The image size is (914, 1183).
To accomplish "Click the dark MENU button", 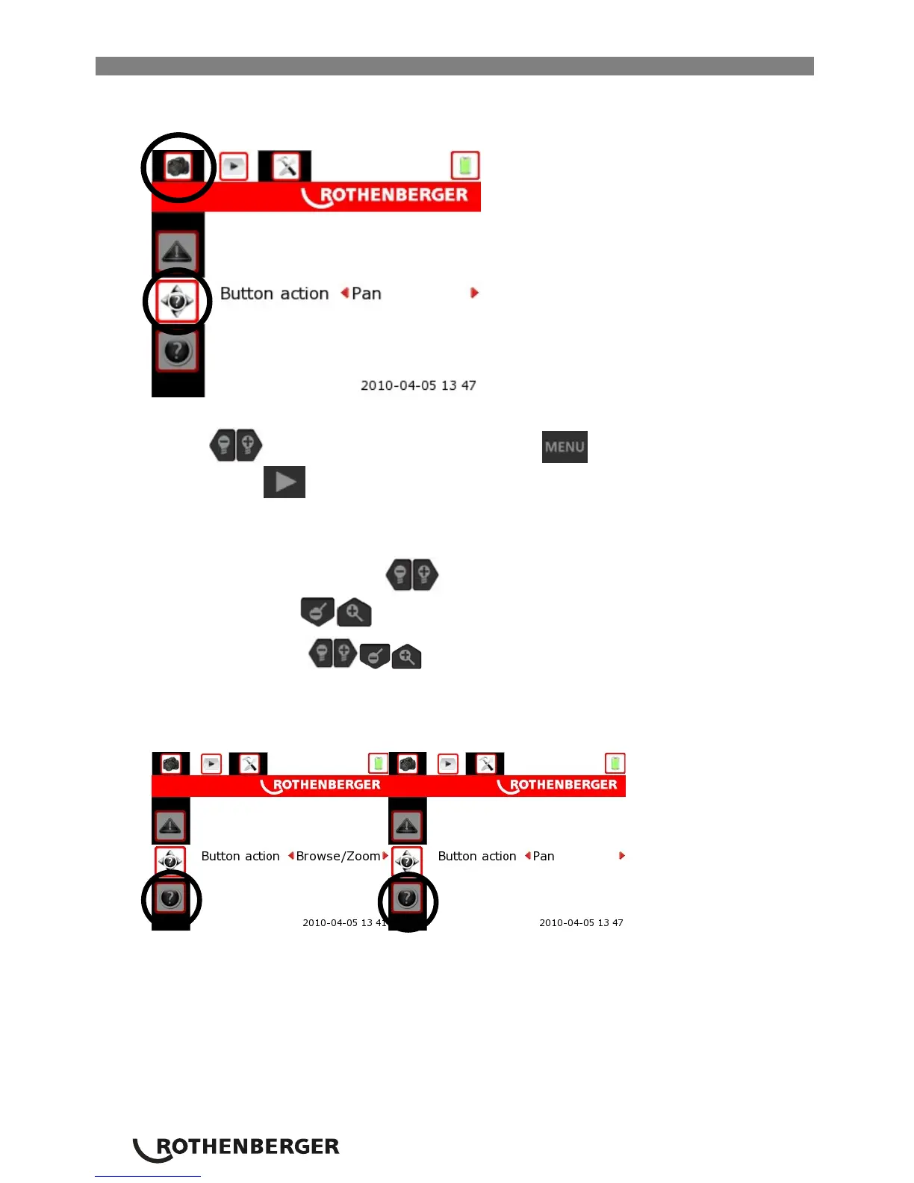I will (565, 447).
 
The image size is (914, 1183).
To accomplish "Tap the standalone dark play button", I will (285, 482).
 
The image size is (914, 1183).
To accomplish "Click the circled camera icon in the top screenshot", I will (178, 167).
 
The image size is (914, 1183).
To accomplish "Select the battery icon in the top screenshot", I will (465, 165).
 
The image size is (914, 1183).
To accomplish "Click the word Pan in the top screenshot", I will (367, 294).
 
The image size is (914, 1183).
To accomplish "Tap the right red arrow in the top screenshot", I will (474, 293).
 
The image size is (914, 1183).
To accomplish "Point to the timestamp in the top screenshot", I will (418, 385).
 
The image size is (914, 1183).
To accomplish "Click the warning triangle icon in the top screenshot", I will (177, 251).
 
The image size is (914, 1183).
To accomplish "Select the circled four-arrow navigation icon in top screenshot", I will (177, 302).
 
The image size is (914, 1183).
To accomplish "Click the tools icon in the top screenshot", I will (285, 166).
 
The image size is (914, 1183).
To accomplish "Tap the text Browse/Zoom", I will (338, 856).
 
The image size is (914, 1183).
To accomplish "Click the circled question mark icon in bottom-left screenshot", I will (170, 898).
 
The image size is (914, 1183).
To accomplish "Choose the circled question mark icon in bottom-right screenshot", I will (407, 898).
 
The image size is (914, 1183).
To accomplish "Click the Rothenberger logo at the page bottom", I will (237, 1148).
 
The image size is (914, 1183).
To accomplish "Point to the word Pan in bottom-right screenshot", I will (544, 856).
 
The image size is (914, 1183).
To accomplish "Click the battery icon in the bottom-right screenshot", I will (615, 763).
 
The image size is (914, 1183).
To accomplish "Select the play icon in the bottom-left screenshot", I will (211, 764).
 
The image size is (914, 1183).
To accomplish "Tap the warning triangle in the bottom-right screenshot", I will (407, 825).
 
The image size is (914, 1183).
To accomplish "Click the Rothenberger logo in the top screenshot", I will (385, 196).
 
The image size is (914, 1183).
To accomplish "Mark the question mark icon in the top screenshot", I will (177, 352).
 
